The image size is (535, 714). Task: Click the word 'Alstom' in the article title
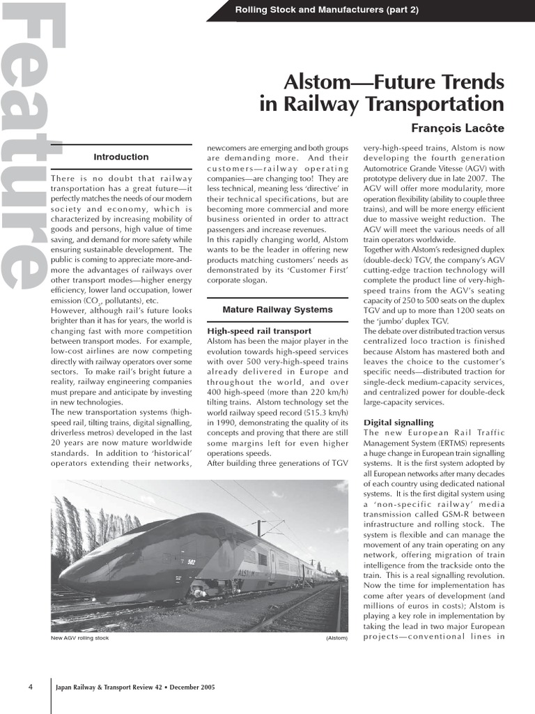coord(323,82)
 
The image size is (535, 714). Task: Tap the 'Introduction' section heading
coord(121,157)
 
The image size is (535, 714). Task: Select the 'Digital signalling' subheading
coord(398,423)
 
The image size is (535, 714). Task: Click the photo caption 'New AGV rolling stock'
coord(80,638)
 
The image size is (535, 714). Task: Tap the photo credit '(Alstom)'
coord(336,638)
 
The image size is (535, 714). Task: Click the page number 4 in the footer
coord(31,687)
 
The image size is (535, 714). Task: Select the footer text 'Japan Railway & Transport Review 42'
coord(108,687)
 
